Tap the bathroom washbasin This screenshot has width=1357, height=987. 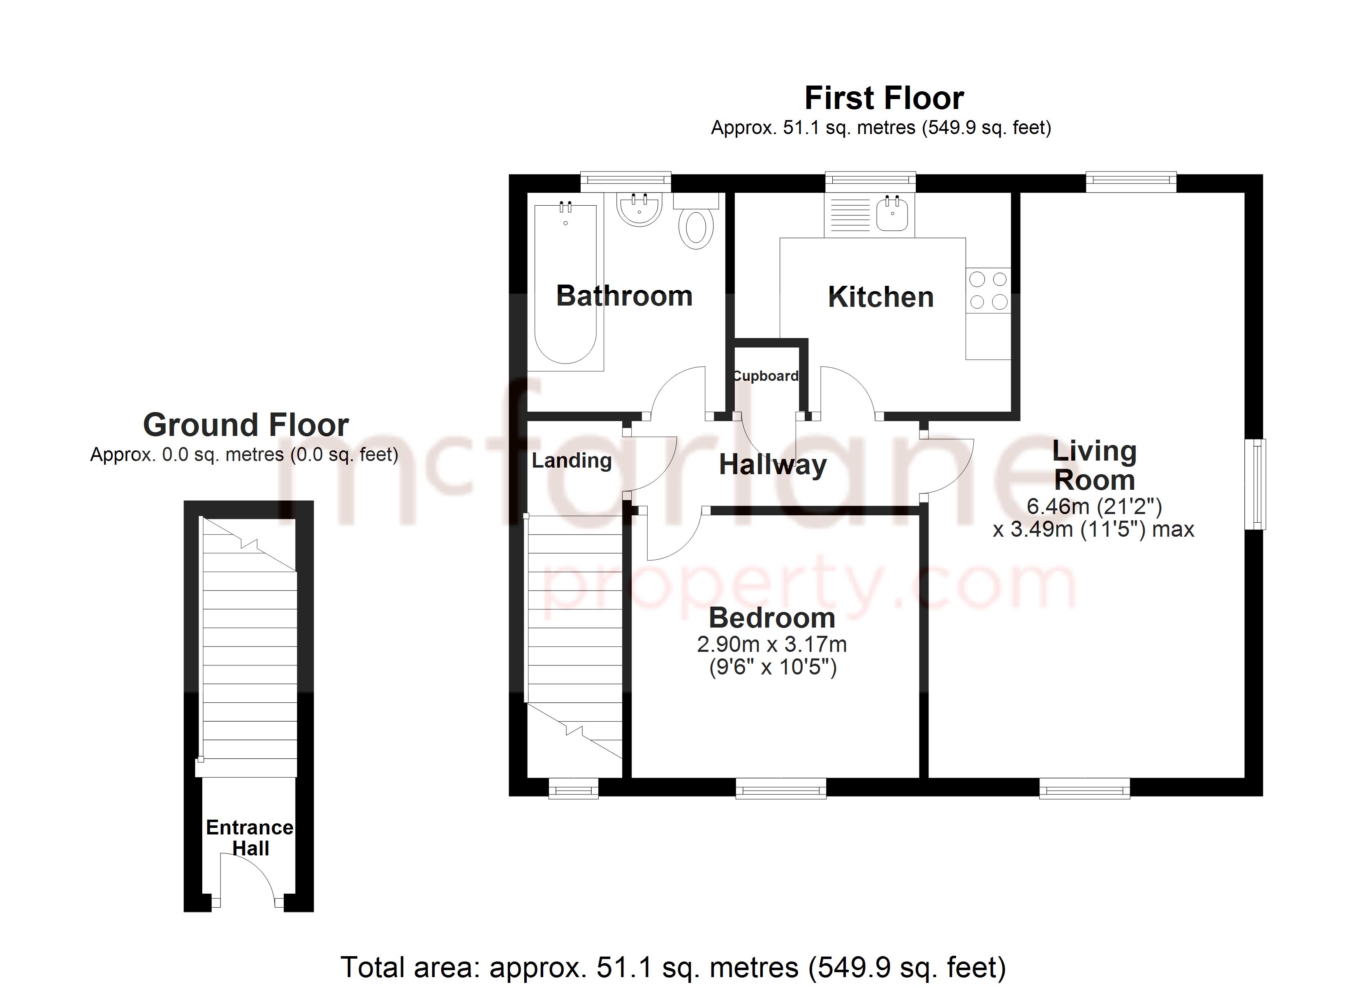639,209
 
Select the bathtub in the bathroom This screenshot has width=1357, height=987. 565,284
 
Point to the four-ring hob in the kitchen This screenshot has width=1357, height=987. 988,290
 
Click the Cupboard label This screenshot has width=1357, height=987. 766,376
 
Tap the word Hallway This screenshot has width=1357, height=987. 772,465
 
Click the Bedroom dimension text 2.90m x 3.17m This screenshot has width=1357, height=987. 772,644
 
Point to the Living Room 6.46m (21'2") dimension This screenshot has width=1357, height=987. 1094,507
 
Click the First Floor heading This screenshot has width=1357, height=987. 885,98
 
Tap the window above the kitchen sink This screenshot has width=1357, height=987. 871,181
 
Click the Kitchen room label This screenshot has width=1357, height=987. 881,297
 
